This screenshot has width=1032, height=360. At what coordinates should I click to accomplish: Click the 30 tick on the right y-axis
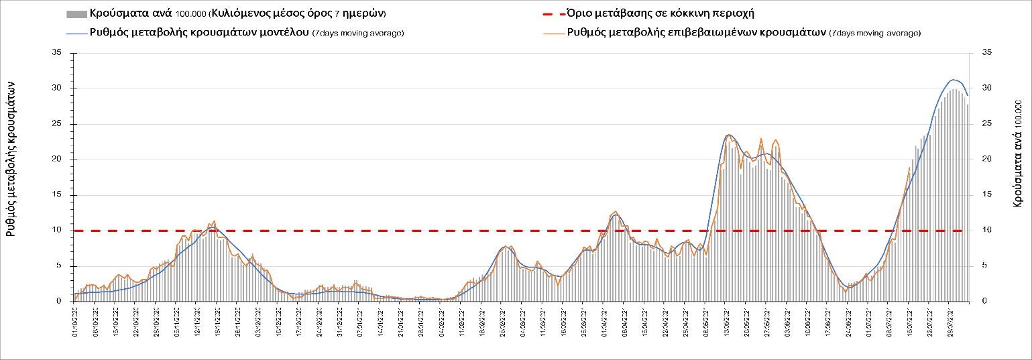[x=985, y=88]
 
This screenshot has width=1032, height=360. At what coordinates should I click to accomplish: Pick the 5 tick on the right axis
[x=983, y=265]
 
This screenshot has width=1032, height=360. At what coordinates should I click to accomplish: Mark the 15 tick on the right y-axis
[x=985, y=194]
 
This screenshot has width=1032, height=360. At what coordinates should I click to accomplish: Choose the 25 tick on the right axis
[x=985, y=123]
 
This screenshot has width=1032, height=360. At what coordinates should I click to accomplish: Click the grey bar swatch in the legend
[x=76, y=13]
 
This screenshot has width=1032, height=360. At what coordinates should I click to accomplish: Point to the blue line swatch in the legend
[x=76, y=32]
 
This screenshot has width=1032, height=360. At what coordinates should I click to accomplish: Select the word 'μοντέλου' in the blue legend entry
[x=281, y=32]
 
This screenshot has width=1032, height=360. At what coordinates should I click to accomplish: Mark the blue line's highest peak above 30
[x=953, y=80]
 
